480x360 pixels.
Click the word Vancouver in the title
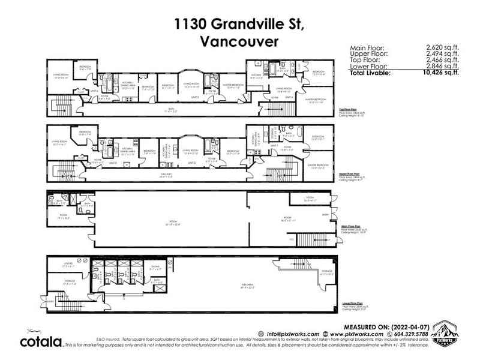[240, 42]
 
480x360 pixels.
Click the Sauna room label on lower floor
[155, 270]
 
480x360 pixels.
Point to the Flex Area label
[214, 288]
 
